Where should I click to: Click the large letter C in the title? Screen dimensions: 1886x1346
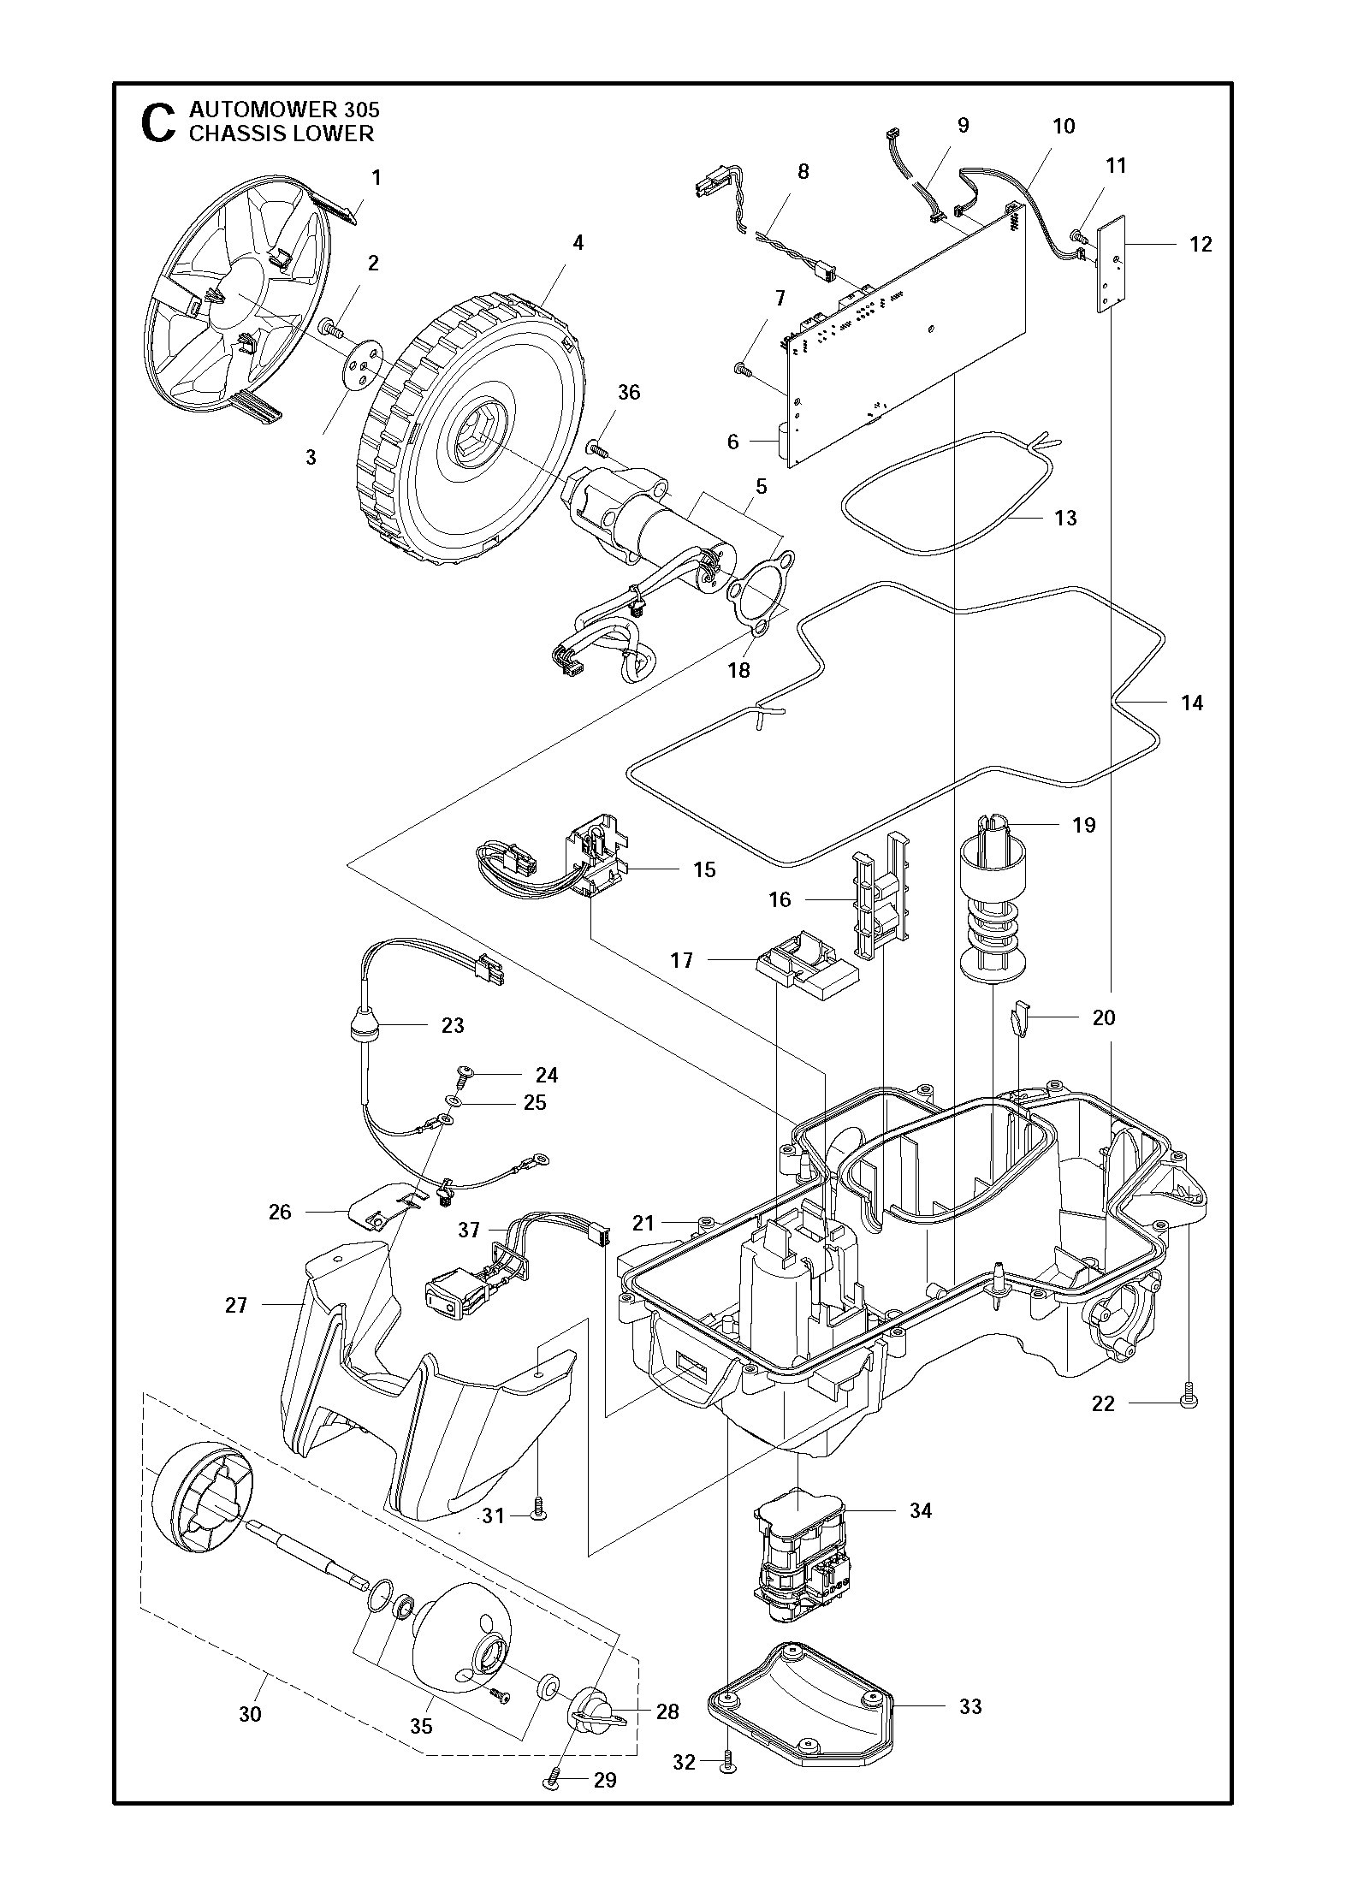(157, 123)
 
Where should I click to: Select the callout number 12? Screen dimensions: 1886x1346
(1200, 245)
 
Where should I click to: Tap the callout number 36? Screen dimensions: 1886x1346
(629, 393)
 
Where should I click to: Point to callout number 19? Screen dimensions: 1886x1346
(1083, 825)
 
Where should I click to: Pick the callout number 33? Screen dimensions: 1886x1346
(969, 1706)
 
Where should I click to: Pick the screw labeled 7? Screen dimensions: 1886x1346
(743, 370)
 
